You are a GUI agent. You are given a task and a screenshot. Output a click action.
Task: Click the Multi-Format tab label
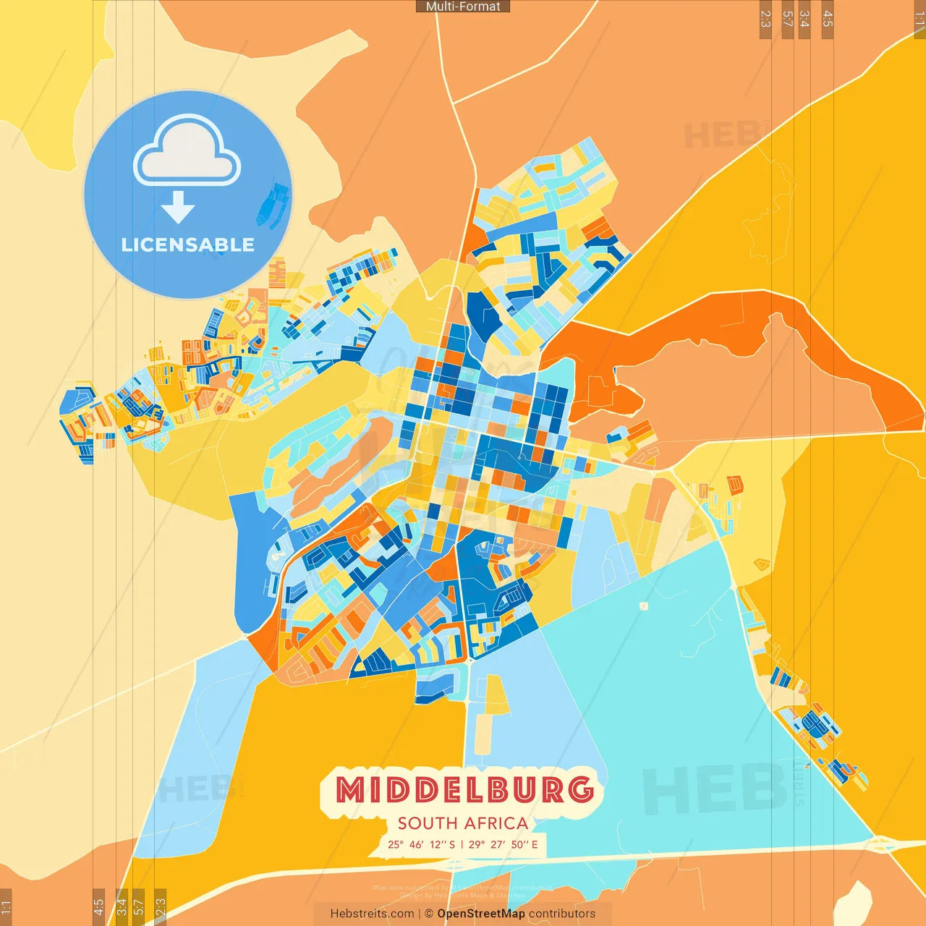click(463, 7)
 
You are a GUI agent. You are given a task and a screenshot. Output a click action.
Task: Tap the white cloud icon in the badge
click(187, 153)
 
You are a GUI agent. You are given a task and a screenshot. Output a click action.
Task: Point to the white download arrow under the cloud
click(178, 207)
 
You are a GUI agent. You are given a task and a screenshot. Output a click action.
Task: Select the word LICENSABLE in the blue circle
click(187, 245)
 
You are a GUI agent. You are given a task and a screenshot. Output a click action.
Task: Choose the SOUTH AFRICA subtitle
click(463, 823)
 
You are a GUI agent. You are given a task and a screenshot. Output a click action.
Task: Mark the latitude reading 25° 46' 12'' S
click(422, 844)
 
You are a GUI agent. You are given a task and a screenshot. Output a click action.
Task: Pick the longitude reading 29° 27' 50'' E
click(504, 844)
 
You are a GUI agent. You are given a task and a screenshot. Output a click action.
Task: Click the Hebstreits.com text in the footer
click(372, 914)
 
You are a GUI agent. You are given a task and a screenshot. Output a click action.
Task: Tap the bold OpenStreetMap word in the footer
click(481, 914)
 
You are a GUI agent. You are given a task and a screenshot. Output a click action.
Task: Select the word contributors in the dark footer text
click(562, 914)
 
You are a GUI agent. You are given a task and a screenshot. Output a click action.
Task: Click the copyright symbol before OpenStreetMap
click(429, 914)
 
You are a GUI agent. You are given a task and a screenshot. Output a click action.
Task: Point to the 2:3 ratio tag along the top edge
click(765, 19)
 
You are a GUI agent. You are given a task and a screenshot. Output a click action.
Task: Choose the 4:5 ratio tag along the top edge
click(828, 19)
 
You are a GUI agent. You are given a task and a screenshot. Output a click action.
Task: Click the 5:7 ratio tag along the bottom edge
click(138, 906)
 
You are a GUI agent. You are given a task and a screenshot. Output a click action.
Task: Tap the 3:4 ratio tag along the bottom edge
click(122, 906)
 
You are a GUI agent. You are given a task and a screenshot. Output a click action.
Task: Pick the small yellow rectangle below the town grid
click(496, 694)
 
